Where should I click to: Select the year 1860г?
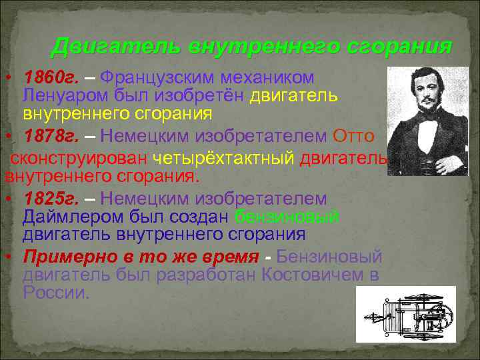click(51, 79)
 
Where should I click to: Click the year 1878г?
click(51, 137)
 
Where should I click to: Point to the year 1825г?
click(51, 198)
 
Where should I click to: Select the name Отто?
click(357, 137)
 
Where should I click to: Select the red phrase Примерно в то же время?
click(141, 257)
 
